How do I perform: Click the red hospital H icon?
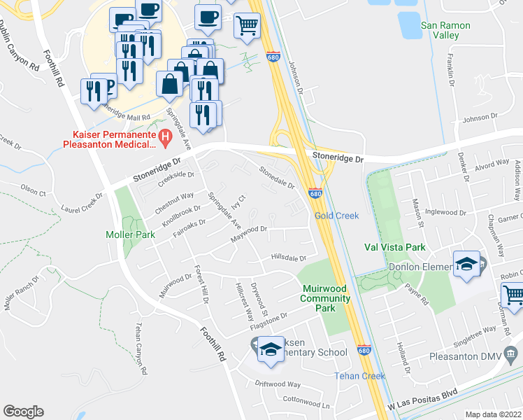166,136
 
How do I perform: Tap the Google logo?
23,412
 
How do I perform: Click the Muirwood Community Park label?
327,298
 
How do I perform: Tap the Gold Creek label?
336,216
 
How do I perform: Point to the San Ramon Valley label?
445,30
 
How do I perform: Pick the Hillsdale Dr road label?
289,258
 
